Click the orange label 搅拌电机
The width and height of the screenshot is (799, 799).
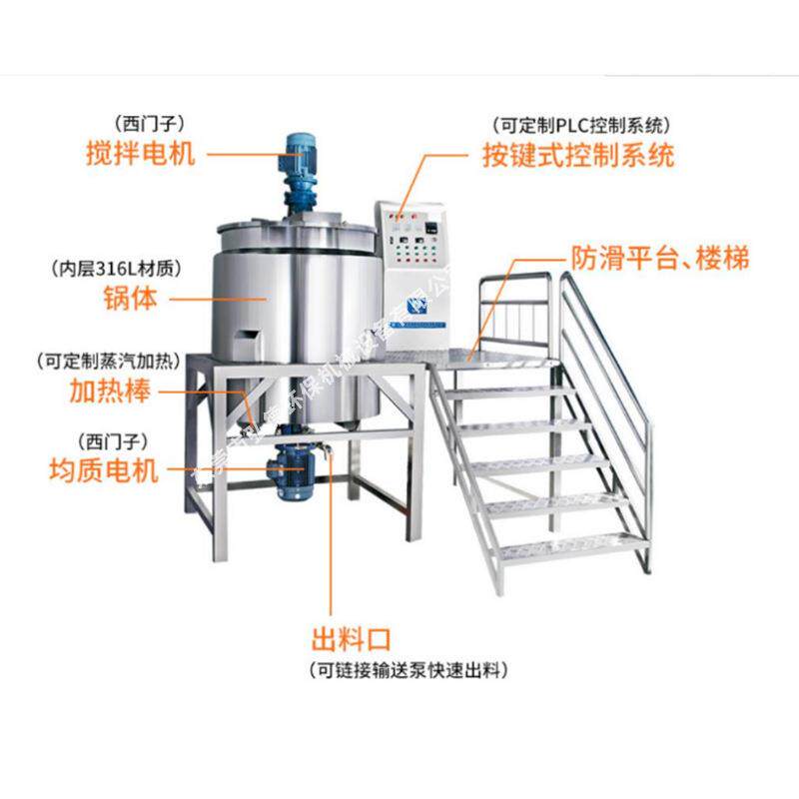pos(140,155)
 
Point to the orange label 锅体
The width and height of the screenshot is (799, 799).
pos(130,297)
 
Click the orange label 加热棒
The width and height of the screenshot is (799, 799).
pos(110,391)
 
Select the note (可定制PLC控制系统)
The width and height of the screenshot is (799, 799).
pos(580,126)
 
